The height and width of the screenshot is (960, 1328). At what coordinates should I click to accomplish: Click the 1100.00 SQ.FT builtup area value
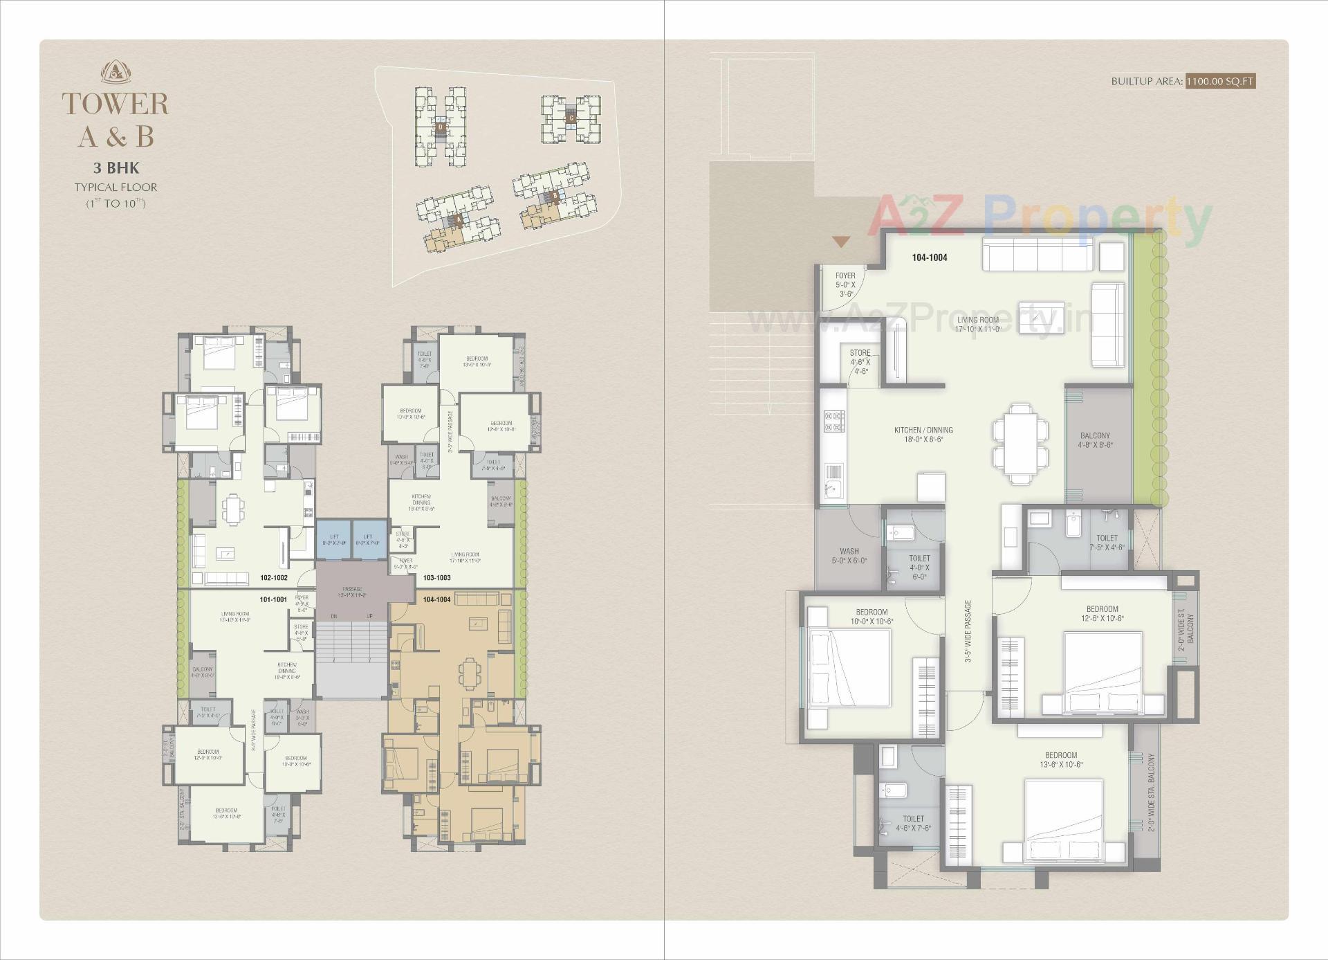pos(1219,81)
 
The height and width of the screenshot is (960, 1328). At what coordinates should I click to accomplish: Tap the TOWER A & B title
pos(116,120)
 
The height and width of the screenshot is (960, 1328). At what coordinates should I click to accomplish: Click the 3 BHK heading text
pos(116,167)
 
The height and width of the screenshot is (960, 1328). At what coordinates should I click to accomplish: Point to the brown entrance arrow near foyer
pos(840,242)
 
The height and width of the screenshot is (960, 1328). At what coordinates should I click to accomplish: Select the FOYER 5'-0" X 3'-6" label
pos(845,284)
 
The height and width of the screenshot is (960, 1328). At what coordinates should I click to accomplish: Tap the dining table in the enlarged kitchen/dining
pos(1020,443)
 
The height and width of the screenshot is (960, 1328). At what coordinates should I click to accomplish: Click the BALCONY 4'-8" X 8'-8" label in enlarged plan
pos(1095,440)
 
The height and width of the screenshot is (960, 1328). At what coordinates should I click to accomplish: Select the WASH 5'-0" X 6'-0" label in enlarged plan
pos(849,556)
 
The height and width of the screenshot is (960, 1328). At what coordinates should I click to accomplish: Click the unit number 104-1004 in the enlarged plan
pos(929,257)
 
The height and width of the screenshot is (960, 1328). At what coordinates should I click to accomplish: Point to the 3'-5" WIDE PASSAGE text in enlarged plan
pos(968,631)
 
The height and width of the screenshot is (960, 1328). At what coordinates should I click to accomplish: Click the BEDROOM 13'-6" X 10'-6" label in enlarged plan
pos(1060,759)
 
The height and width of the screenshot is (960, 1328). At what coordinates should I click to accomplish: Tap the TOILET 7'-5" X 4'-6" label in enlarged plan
pos(1107,542)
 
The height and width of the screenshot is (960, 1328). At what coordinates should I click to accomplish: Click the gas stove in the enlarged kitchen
pos(833,421)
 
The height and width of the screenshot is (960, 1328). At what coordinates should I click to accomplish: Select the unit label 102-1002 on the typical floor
pos(274,577)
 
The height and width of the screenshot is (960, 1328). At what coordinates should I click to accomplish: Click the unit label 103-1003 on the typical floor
pos(436,577)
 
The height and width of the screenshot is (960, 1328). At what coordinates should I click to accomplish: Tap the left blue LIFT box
pos(334,540)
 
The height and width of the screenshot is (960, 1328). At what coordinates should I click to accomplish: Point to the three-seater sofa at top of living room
pos(1037,255)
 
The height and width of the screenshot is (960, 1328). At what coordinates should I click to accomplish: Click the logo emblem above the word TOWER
pos(116,72)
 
